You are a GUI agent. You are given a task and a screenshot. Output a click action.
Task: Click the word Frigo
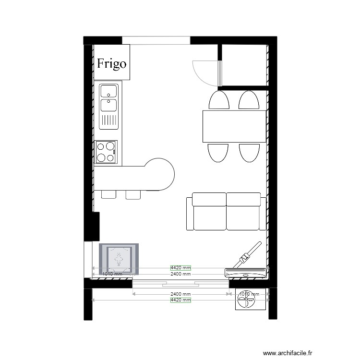(111, 63)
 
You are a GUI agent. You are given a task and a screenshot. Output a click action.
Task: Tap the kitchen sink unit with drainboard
(108, 107)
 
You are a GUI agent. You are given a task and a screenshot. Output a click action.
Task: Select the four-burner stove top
(106, 152)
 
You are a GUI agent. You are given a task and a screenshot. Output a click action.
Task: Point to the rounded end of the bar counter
(161, 175)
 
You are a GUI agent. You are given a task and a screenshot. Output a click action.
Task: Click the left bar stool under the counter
(108, 194)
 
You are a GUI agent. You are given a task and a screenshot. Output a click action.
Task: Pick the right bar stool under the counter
(133, 194)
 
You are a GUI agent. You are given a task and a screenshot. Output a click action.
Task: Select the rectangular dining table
(234, 126)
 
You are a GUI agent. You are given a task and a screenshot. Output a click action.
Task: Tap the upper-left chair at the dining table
(219, 101)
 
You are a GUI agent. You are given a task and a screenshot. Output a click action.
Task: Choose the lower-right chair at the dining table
(249, 152)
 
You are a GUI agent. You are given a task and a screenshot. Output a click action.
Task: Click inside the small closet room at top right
(244, 65)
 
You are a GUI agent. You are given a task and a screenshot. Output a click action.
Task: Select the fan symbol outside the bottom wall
(247, 301)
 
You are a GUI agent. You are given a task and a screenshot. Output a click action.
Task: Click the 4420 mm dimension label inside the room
(180, 268)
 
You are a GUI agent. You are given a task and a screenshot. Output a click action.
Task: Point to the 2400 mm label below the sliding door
(180, 294)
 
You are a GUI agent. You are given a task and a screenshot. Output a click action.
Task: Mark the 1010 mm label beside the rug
(112, 274)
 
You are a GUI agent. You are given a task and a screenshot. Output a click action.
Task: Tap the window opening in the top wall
(156, 40)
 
